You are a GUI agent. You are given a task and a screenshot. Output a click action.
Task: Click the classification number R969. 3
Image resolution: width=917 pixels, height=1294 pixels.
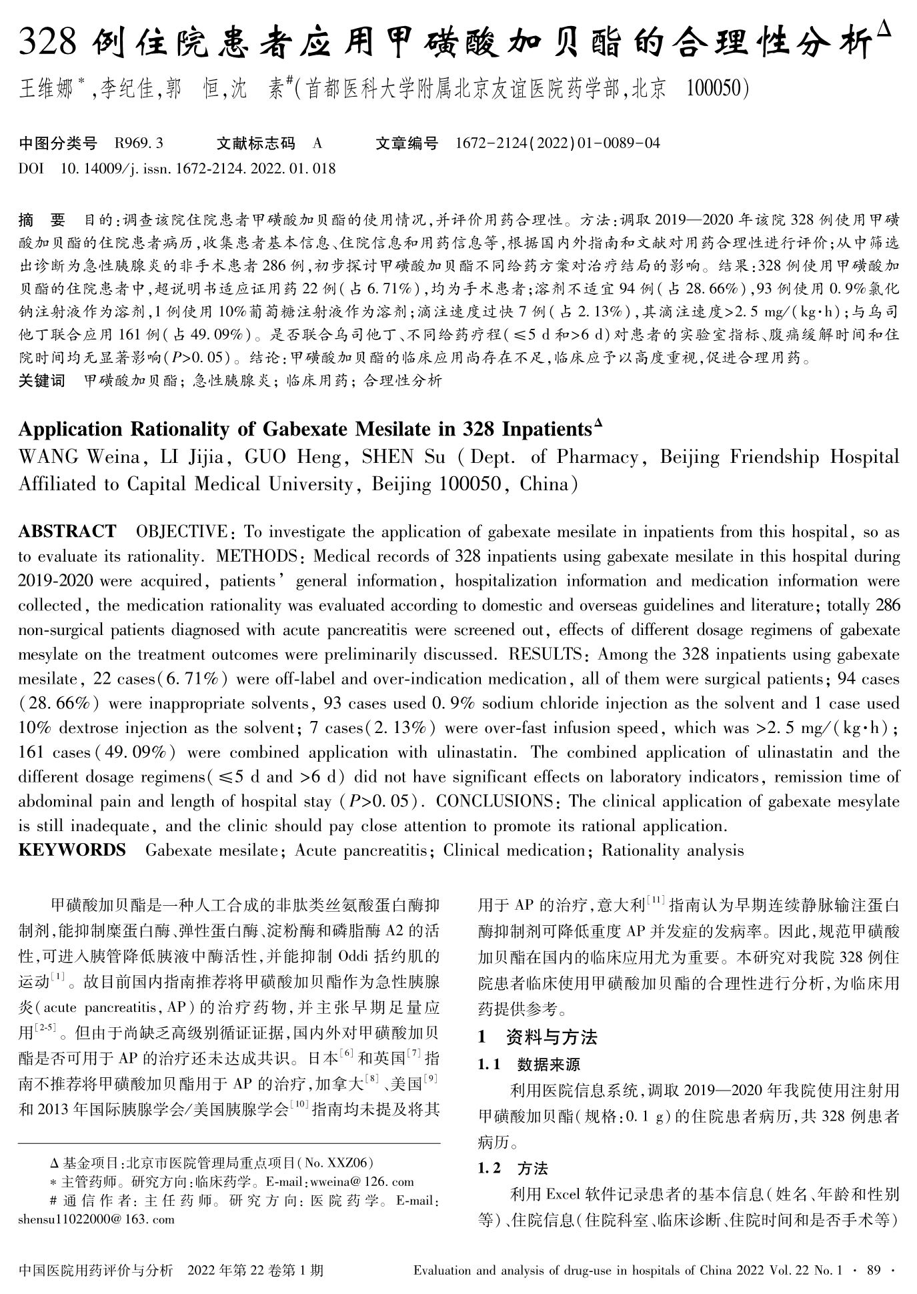139,143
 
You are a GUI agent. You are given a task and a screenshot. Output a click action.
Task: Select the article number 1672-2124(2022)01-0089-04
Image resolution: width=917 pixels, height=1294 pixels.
557,143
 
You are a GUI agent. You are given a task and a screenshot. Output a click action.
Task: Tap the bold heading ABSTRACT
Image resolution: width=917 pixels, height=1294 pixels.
67,532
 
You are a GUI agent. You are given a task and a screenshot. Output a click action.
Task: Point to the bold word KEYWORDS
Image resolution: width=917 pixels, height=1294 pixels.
71,850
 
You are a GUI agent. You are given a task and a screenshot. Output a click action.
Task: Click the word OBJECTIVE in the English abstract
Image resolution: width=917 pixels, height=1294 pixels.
181,532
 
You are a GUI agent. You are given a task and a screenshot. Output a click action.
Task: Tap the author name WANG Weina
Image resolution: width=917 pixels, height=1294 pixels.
78,458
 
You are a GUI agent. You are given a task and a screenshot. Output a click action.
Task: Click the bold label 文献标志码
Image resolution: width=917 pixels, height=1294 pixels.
255,143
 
